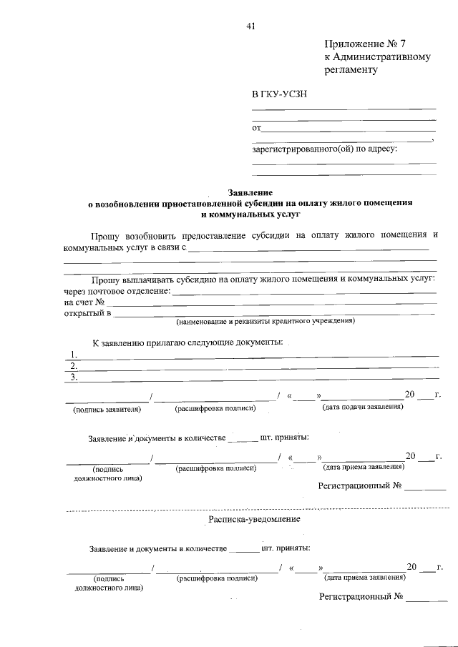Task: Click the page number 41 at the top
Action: pyautogui.click(x=250, y=26)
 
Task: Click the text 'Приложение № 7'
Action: pyautogui.click(x=364, y=44)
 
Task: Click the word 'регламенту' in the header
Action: pyautogui.click(x=350, y=70)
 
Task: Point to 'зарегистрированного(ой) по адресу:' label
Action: pyautogui.click(x=324, y=149)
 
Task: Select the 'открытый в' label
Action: pyautogui.click(x=87, y=313)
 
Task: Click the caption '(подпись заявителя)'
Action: pyautogui.click(x=107, y=409)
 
